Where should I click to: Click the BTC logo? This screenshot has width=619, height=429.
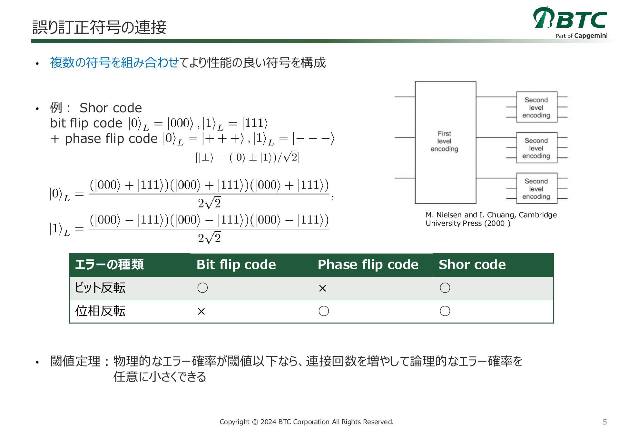coord(570,22)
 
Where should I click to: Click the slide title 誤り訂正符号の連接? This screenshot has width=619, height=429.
coord(99,27)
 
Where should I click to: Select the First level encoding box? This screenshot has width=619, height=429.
coord(445,142)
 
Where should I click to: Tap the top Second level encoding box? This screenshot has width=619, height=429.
coord(536,107)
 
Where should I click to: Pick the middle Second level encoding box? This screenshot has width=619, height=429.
coord(536,148)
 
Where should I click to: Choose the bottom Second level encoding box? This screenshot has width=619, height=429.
coord(536,188)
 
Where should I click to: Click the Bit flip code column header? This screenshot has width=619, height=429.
coord(236,264)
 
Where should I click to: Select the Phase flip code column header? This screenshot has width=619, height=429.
coord(368,264)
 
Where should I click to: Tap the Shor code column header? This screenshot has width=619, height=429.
coord(472,264)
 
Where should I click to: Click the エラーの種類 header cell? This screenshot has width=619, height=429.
coord(109,264)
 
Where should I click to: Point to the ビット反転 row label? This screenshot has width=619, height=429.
coord(100,287)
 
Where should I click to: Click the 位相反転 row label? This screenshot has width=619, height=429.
coord(100,311)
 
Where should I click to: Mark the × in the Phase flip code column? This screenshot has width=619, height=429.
coord(322,288)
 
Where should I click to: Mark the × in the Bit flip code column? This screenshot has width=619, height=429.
coord(201,312)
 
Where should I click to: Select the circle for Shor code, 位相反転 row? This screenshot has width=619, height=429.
coord(445,311)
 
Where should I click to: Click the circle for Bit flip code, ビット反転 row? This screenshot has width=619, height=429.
coord(202,288)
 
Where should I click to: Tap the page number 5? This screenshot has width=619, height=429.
coord(605,422)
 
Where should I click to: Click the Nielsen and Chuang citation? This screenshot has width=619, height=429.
coord(491,219)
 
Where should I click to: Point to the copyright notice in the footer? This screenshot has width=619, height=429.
coord(307,422)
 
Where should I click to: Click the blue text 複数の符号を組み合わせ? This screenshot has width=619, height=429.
coord(114,62)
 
